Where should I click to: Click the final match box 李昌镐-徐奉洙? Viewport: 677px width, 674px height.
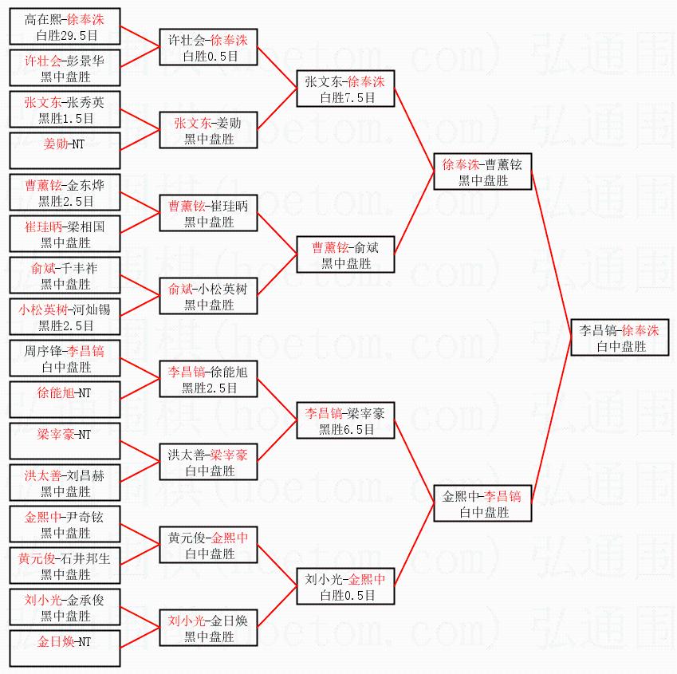coord(620,337)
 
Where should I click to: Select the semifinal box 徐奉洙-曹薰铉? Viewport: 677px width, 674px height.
coord(482,172)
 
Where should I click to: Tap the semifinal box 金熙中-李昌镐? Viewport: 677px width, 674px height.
coord(482,503)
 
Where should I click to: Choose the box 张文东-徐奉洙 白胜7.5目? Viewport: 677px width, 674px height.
coord(345,89)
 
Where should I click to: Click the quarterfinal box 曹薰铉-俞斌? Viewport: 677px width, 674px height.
coord(345,254)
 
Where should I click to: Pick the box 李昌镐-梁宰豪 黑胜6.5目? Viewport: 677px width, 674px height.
coord(345,420)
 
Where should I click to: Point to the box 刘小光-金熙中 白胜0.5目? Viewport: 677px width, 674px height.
coord(345,586)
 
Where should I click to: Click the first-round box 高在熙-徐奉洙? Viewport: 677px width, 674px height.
coord(65,27)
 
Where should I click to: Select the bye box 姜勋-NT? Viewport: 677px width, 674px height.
coord(65,152)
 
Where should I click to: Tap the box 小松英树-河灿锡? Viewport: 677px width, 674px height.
coord(65,317)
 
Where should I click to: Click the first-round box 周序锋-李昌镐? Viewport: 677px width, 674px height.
coord(65,359)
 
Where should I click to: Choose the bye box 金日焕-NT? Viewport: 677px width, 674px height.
coord(65,648)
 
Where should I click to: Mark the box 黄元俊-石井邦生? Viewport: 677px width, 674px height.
coord(65,566)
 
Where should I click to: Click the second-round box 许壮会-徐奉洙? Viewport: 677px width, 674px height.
coord(208,48)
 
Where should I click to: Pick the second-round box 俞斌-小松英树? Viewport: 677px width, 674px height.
coord(208,296)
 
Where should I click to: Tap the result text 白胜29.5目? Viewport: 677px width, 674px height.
coord(66,36)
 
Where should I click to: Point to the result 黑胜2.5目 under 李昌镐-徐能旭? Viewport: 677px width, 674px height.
coord(209,388)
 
